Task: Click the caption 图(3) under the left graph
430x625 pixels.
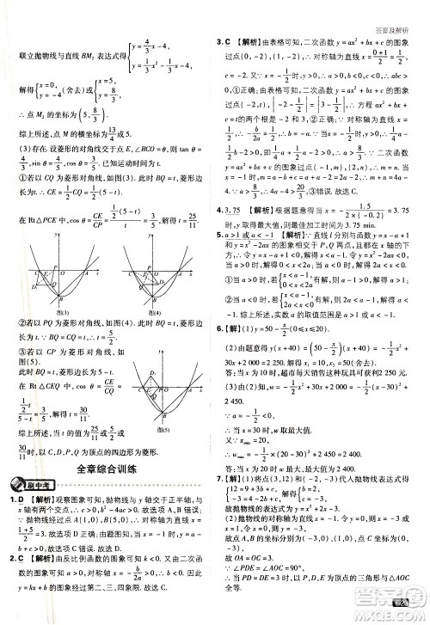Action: pos(61,312)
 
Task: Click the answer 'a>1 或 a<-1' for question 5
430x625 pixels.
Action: pos(250,257)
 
